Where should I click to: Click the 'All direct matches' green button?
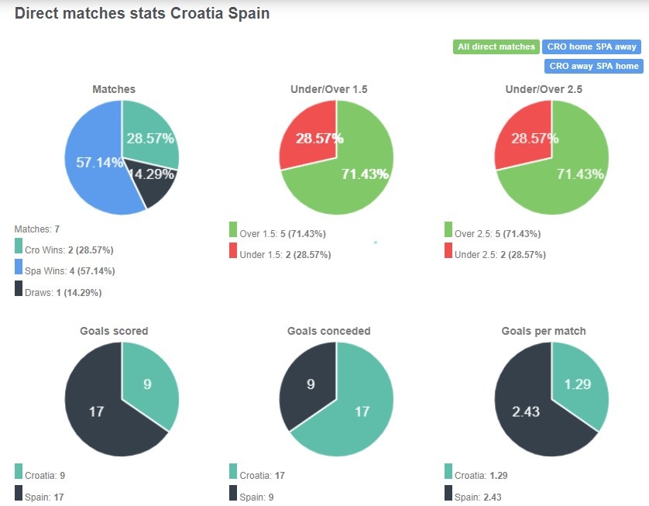point(496,46)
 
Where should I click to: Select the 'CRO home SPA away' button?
point(592,46)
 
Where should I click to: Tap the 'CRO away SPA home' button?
point(594,66)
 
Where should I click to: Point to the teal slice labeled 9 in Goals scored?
point(149,384)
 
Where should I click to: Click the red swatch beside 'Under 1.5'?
point(233,250)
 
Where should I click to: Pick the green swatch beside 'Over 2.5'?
point(448,229)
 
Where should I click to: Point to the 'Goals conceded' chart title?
point(328,331)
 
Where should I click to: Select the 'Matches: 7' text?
point(37,229)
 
